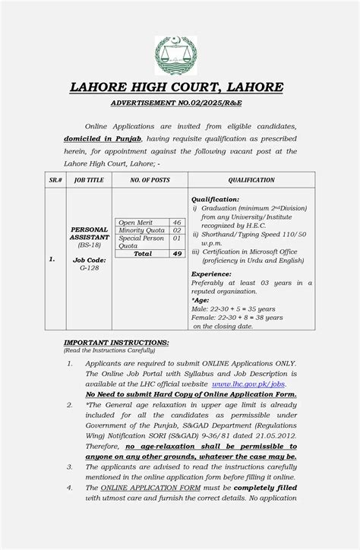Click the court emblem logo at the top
[x=175, y=55]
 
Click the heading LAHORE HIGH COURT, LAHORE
[x=177, y=87]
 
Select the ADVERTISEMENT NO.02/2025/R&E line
[x=176, y=102]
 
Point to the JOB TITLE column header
[x=89, y=180]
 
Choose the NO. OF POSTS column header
[x=150, y=180]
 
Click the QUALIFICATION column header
[x=251, y=180]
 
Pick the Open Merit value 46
[x=176, y=223]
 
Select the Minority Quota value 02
[x=176, y=230]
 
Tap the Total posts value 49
[x=176, y=254]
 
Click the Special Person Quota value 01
[x=176, y=239]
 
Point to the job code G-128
[x=89, y=267]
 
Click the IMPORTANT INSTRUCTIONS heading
[x=116, y=343]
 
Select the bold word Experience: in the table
[x=211, y=273]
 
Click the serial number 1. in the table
[x=52, y=259]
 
